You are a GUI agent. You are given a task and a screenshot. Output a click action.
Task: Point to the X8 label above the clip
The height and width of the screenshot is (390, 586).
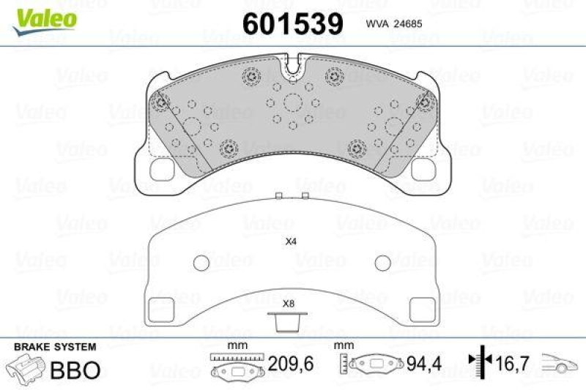coord(288,302)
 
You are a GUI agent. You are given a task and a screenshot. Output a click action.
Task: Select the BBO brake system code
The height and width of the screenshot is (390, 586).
coord(74,370)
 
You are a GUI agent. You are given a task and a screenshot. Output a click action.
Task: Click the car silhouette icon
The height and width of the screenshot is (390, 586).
coord(560,363)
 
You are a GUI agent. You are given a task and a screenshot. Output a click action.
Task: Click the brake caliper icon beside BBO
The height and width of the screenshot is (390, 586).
coord(26,368)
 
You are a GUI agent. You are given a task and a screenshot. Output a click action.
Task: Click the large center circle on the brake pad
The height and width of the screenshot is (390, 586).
coord(293,103)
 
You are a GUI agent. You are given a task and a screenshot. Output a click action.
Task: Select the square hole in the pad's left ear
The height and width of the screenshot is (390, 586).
coord(160,168)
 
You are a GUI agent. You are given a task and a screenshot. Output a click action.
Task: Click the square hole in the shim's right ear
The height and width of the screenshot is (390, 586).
coord(423,308)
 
